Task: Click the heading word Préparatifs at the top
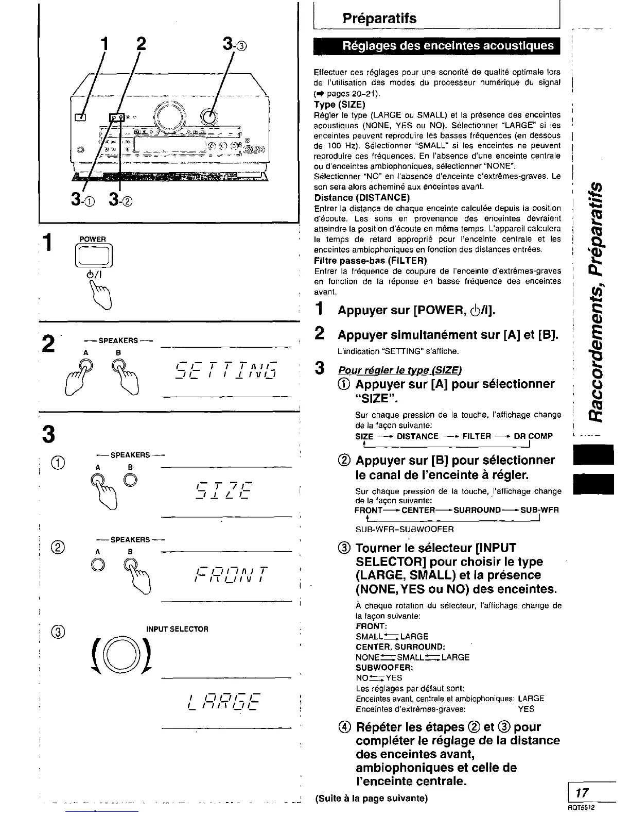(379, 19)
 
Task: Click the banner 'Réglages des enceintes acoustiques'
(436, 46)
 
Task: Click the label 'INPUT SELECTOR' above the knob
(178, 629)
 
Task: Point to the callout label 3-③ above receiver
(236, 45)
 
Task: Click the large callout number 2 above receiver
(138, 44)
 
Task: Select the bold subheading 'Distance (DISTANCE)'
(362, 198)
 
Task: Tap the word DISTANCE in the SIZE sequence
(417, 436)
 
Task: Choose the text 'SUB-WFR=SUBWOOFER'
(405, 529)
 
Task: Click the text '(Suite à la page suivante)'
(371, 799)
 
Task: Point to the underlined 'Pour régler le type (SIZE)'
(400, 370)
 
